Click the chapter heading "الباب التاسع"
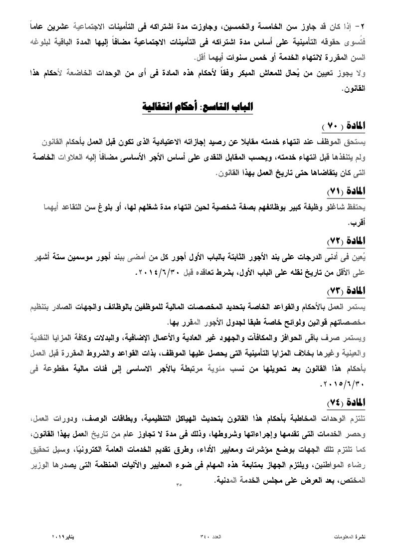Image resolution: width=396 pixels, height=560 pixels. pos(227,107)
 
